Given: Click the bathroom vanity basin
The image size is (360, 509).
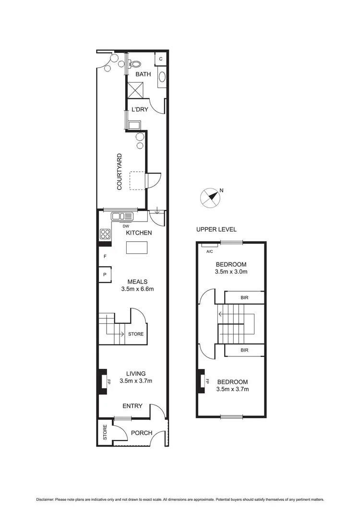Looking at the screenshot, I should [x=162, y=77].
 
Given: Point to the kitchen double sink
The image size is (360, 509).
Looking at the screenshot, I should [x=122, y=216].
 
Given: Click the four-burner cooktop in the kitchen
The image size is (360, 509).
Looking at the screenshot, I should [x=105, y=235].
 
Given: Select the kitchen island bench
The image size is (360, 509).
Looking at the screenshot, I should [x=137, y=248].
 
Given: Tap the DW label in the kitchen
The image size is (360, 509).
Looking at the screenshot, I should [x=126, y=226].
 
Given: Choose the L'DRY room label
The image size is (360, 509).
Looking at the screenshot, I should [x=140, y=109].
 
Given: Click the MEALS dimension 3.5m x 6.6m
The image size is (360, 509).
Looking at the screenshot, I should [x=137, y=289].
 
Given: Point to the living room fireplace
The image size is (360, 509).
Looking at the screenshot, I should [x=103, y=382].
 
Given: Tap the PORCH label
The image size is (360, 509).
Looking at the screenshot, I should [x=142, y=433].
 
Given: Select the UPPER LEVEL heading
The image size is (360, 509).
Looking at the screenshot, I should [x=216, y=229].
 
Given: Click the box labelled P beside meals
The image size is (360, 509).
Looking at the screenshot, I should [x=105, y=275].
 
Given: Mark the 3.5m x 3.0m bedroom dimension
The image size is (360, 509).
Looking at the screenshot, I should [x=231, y=272].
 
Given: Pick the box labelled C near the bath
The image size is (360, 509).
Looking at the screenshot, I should [x=161, y=59].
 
